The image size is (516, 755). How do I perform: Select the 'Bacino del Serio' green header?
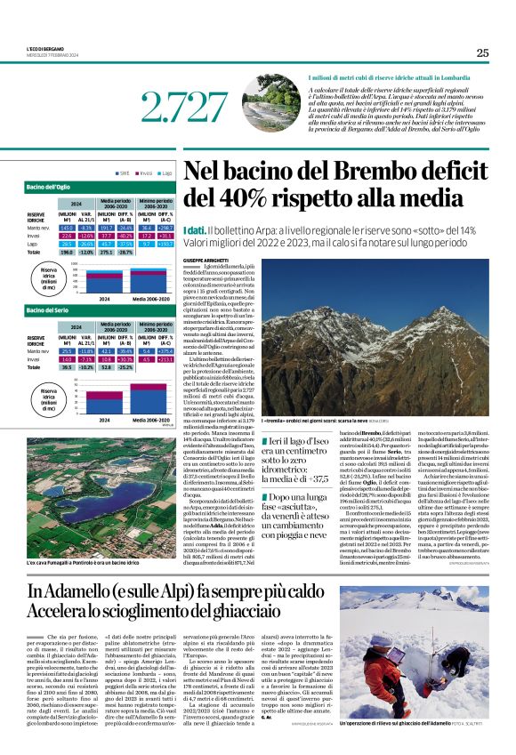(x=48, y=310)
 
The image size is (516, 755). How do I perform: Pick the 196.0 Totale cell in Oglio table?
(x=67, y=253)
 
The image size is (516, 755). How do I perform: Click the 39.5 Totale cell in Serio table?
(x=67, y=366)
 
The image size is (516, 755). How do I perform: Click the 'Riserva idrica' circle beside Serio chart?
(x=48, y=397)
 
